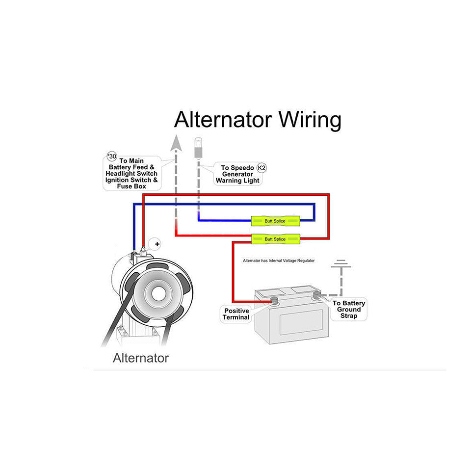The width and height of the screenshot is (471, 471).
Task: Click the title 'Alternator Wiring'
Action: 257,120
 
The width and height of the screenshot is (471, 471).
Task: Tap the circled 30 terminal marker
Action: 112,157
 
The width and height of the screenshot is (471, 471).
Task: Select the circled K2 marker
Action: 262,168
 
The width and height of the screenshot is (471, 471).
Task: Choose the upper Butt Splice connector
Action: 275,221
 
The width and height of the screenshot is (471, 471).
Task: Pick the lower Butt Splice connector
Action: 275,239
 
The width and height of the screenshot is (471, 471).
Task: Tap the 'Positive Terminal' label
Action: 236,314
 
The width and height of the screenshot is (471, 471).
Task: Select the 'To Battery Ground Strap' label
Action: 349,310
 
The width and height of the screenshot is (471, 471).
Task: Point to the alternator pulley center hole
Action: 158,293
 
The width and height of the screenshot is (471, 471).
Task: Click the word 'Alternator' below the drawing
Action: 141,358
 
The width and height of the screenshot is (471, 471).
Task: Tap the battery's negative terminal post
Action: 317,295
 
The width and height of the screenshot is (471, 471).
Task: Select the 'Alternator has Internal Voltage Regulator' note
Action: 279,261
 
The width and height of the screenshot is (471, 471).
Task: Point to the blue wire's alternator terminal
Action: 134,253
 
